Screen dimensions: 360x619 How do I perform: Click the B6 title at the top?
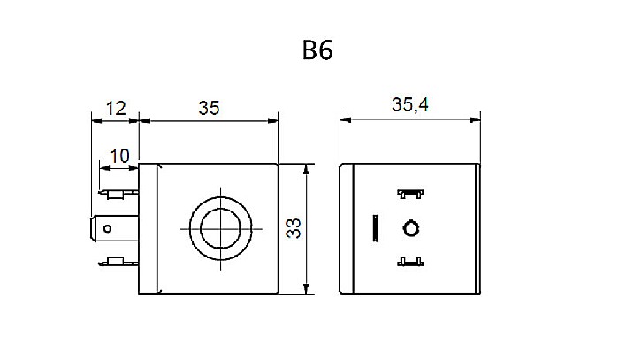[316, 51]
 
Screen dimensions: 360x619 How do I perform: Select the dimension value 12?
[115, 109]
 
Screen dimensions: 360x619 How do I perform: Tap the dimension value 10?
[119, 156]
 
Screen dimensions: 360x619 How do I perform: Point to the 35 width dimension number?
[209, 109]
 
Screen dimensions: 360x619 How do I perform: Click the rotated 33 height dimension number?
[294, 230]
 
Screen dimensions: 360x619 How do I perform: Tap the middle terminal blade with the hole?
[110, 228]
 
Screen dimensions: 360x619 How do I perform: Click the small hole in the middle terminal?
[108, 228]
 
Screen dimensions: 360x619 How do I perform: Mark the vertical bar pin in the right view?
[376, 228]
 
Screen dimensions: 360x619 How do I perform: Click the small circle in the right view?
[409, 228]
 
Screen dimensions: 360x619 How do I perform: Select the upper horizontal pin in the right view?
[409, 193]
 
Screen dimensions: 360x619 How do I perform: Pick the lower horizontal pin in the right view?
[409, 262]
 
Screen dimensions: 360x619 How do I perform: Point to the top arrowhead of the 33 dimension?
[306, 169]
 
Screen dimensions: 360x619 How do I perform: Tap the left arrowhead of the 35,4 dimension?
[346, 119]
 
